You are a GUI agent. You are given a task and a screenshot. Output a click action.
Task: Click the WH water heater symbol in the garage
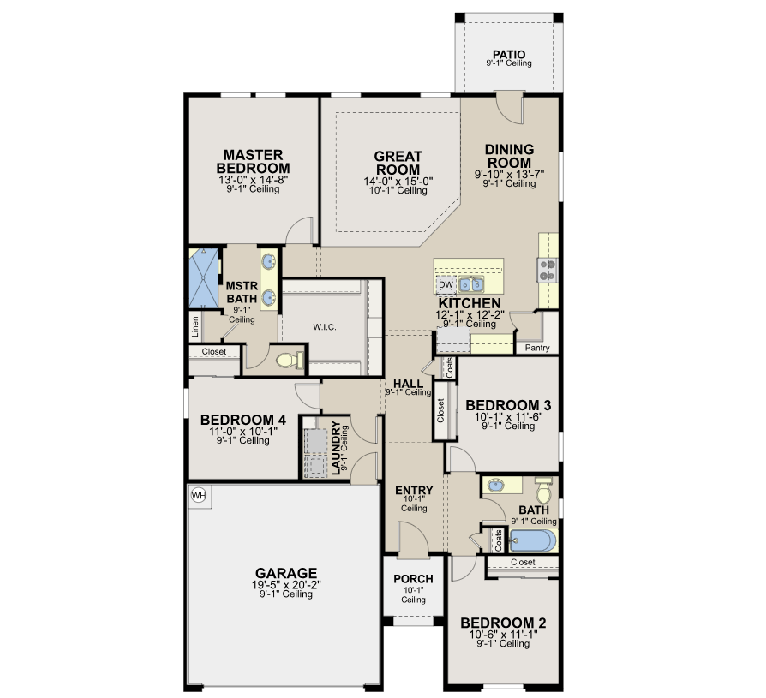coord(199,495)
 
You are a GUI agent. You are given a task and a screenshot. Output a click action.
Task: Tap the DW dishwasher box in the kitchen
coord(446,285)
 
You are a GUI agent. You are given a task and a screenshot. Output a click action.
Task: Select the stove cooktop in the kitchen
coord(547,270)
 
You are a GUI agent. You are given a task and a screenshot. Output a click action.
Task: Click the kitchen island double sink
coord(471,284)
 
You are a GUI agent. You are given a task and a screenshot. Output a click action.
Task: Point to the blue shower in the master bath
coord(203,278)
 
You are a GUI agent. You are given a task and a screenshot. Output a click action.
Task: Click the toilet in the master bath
coord(290,361)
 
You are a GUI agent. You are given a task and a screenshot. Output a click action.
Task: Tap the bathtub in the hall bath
coord(532,540)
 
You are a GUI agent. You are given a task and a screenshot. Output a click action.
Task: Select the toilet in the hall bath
coord(543,490)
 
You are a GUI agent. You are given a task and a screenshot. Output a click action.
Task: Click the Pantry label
coord(537,348)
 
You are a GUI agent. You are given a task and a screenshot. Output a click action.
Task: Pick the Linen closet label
coord(195,327)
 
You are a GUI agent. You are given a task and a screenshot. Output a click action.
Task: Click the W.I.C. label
coord(325,327)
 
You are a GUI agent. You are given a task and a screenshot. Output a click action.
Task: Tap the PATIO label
coord(509,54)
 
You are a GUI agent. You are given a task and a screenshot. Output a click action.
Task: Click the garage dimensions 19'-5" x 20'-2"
coord(286,585)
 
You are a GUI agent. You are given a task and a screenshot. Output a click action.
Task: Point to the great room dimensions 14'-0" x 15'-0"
coord(398,182)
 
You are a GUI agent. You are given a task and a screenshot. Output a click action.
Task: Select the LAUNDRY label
coord(336,448)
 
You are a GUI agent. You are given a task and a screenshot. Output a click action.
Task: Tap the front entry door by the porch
coord(413,539)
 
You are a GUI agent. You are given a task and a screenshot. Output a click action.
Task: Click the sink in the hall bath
coord(497,485)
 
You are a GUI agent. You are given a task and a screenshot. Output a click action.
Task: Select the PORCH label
coord(413,579)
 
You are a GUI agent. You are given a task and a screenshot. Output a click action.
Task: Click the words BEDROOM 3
coord(508,405)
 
